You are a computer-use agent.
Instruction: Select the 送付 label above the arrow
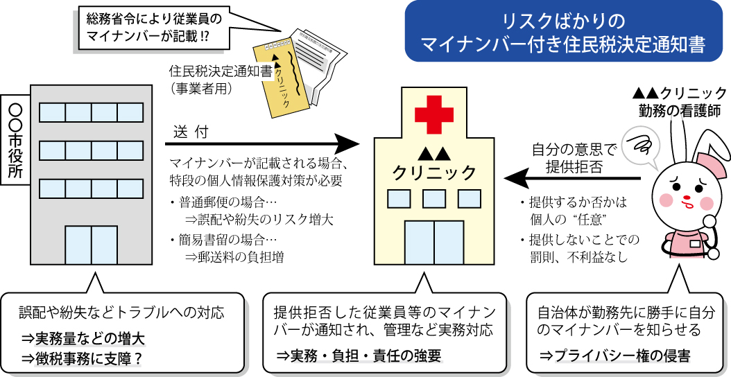(191, 132)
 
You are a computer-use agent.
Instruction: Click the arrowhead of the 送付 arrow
(350, 145)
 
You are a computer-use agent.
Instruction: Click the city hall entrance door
(90, 245)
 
